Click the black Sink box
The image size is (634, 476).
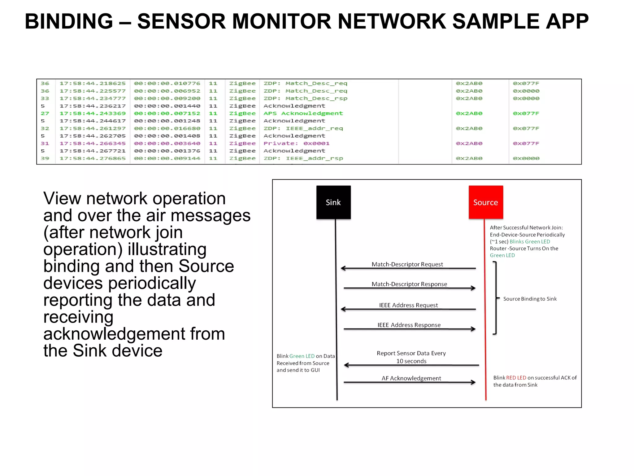point(333,202)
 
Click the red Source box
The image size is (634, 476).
point(485,202)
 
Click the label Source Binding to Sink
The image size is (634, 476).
point(530,299)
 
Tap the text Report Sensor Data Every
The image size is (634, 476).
point(411,353)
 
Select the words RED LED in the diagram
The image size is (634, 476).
point(516,377)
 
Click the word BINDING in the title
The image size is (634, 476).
point(69,21)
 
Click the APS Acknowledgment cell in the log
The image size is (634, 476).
point(303,113)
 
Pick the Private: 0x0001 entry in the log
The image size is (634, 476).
point(296,143)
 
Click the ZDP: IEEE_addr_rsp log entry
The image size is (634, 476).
point(303,158)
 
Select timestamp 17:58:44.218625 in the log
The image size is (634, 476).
point(93,83)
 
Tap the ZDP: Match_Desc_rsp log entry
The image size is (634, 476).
point(305,98)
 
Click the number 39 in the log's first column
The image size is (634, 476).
point(45,158)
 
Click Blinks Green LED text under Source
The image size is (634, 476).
point(530,241)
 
